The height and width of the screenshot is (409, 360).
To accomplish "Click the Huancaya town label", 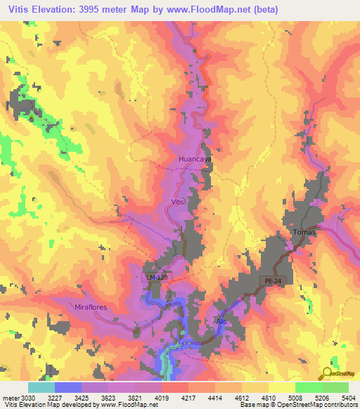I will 195,160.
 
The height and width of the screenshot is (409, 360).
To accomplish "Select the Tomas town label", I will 305,233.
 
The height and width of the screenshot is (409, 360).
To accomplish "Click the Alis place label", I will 222,320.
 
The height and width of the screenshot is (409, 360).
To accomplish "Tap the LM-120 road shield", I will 158,278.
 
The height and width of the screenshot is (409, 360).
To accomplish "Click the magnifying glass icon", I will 328,374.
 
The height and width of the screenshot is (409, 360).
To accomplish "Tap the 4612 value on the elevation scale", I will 243,397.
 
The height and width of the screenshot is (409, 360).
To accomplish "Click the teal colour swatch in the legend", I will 41,387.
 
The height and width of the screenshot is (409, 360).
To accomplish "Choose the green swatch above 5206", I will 308,387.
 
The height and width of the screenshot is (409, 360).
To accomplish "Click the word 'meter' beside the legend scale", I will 8,397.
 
